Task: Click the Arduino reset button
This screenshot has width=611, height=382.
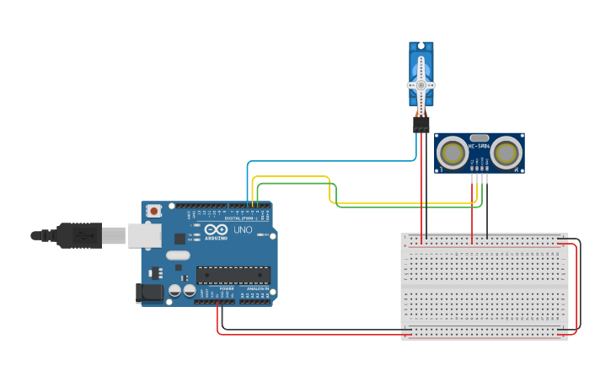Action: [153, 211]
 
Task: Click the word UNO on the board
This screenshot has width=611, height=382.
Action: [242, 229]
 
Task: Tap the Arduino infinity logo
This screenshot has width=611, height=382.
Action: [216, 229]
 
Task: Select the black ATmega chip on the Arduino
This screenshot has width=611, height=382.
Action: [233, 275]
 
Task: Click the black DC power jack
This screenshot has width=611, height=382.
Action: [150, 293]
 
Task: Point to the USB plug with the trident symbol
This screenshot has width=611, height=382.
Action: [81, 235]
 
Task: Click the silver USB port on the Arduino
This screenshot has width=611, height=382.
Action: [144, 235]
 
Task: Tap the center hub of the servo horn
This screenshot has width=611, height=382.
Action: [421, 85]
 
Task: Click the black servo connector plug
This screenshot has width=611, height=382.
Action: [421, 125]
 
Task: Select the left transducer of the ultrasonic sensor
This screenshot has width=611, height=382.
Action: [453, 153]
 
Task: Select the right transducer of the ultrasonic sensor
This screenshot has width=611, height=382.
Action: [506, 153]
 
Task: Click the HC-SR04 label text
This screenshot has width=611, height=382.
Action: [480, 147]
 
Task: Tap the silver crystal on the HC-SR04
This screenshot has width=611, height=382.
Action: [480, 137]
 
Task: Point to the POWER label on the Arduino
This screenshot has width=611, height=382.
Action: [226, 289]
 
